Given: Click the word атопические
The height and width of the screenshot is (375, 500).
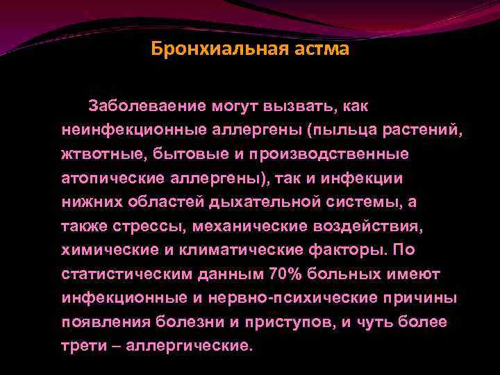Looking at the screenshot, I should click(x=112, y=177).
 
